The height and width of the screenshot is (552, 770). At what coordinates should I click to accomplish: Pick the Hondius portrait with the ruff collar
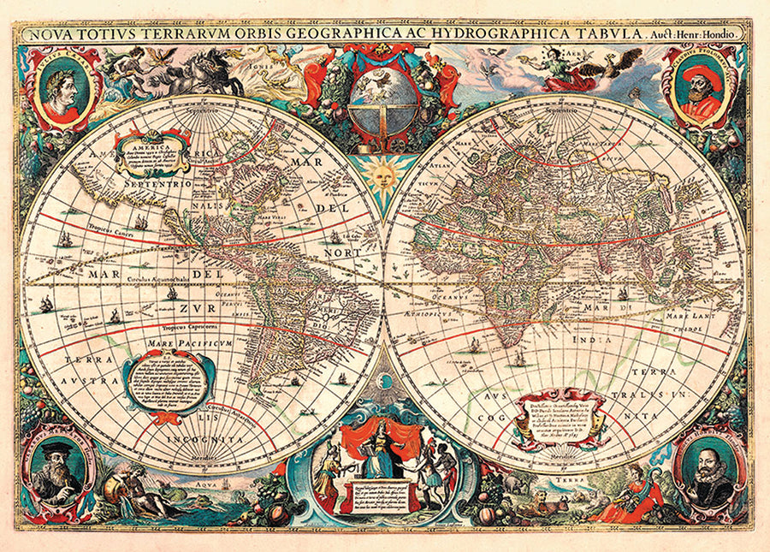[x=709, y=469]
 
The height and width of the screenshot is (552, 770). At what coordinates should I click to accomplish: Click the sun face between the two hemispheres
[x=382, y=177]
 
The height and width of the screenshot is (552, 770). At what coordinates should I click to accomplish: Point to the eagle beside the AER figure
[x=625, y=65]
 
